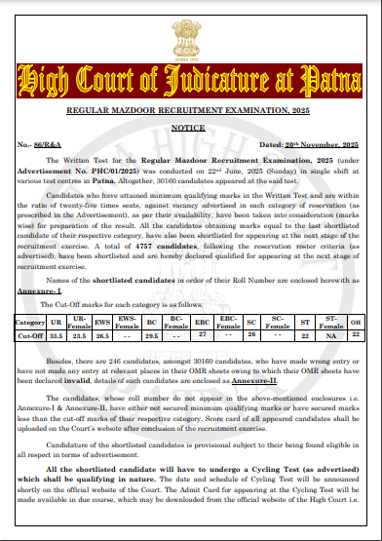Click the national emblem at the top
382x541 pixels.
191,29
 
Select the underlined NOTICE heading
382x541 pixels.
191,128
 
